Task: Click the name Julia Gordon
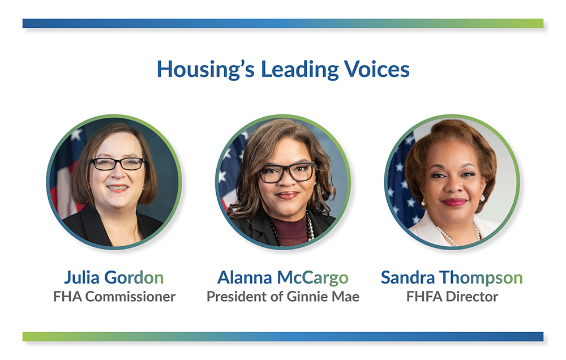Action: point(114,277)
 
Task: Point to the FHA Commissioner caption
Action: point(114,296)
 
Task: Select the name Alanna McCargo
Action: point(282,277)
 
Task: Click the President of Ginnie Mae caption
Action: point(282,296)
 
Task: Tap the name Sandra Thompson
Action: point(452,277)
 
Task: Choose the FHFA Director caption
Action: point(452,296)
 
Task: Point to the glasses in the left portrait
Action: point(117,164)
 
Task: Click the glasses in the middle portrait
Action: point(287,172)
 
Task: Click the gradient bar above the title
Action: point(282,23)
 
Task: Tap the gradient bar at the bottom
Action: point(282,337)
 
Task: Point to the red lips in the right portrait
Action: point(454,202)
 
